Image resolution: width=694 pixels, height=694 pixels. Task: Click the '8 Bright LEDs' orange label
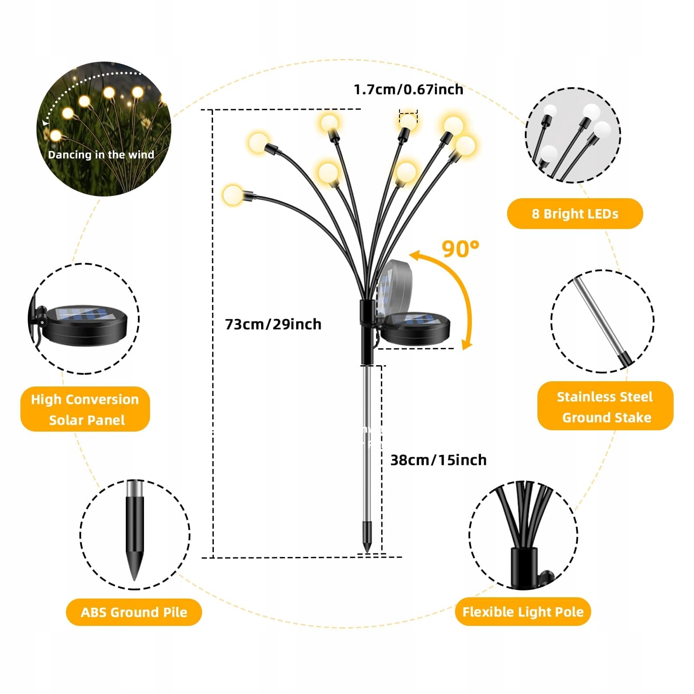(575, 213)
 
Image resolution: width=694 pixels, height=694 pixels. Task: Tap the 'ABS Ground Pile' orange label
(134, 612)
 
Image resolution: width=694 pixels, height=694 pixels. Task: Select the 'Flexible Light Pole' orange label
(523, 612)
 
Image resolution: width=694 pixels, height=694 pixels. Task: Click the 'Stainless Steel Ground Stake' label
(605, 406)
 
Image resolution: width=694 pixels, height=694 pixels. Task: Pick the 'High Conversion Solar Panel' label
(85, 409)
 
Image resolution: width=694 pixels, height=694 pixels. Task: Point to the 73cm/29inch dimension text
(273, 324)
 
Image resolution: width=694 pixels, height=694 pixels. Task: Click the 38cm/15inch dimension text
(438, 460)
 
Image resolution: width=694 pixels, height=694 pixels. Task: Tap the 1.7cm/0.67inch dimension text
(408, 89)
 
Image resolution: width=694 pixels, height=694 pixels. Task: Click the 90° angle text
(460, 249)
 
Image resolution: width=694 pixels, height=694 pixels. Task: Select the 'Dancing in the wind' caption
(101, 155)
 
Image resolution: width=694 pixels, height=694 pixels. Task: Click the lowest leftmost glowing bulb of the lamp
(233, 195)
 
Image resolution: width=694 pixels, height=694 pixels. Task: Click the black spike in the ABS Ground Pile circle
(135, 538)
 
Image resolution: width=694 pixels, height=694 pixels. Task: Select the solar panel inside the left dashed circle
(86, 323)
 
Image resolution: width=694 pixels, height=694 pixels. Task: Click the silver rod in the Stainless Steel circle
(599, 317)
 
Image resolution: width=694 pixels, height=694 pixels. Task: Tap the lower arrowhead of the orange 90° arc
(467, 345)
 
